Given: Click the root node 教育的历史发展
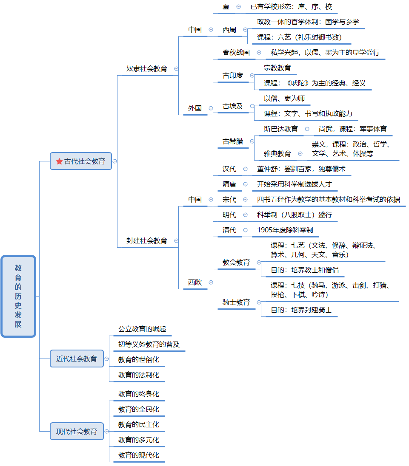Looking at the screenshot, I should pos(18,296).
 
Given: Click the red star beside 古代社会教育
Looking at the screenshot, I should pos(59,161).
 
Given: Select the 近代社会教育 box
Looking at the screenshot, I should pos(77,359).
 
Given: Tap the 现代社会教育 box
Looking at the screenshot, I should pos(77,431).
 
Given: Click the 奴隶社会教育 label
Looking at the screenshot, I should pos(147,68).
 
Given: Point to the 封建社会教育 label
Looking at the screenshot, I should pos(147,240).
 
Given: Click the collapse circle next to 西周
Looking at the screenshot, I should pos(245,30).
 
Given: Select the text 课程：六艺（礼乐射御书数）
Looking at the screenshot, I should pos(299,37).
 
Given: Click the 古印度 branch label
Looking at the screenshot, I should pos(233,75).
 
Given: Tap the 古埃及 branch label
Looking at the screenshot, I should pos(233,106).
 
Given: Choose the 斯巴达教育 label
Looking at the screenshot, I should pos(281,129).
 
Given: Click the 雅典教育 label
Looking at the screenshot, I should pos(277,153).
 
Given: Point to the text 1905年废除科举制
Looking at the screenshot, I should pos(285,230).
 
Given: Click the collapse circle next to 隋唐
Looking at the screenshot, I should pos(245,184).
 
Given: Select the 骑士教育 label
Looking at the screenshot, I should pos(236,302).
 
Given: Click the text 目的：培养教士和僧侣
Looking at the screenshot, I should pos(305,270).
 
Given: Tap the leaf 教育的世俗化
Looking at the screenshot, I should pos(139,359).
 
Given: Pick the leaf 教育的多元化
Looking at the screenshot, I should pos(139,440).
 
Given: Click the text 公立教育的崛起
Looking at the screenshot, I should pos(142,329).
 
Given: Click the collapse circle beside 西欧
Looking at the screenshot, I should pos(211,282).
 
